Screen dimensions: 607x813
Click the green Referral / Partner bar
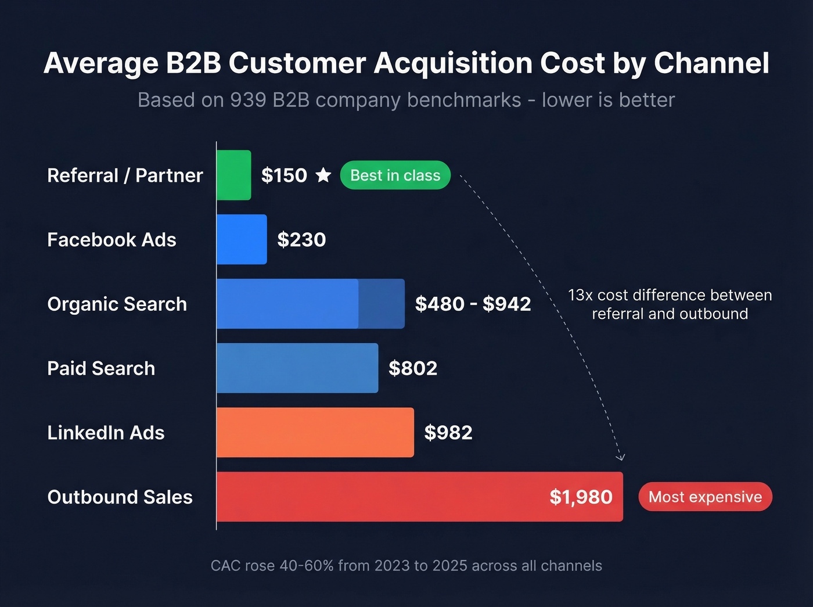click(234, 175)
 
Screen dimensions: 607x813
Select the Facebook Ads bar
click(242, 239)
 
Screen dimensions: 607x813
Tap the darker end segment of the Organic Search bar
click(382, 304)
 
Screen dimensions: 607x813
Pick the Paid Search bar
click(297, 368)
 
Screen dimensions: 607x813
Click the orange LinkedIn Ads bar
click(315, 433)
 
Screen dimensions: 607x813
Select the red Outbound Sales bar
click(377, 497)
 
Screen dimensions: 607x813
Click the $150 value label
click(284, 175)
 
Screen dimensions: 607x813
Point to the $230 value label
click(301, 239)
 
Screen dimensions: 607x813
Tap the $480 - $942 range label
click(473, 304)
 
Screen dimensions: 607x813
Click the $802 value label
click(413, 368)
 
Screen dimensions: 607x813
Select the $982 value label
click(448, 433)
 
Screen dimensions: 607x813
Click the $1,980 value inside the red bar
click(581, 497)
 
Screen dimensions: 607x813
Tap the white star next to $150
click(323, 175)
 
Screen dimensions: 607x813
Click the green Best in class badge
click(395, 175)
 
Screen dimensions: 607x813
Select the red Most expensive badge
click(705, 497)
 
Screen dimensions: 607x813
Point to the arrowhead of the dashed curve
click(621, 458)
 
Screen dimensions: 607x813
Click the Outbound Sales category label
click(120, 497)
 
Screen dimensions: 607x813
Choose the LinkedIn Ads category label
click(106, 433)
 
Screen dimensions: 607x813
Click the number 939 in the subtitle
click(248, 100)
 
